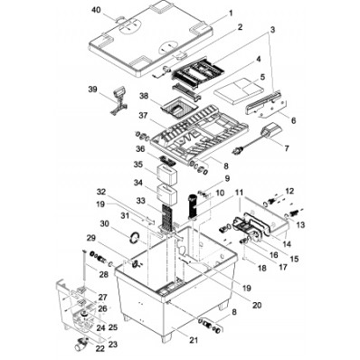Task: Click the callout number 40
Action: (96, 10)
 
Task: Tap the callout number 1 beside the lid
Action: (231, 14)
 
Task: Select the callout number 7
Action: (286, 148)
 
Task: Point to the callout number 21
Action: (194, 340)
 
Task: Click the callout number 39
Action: (93, 90)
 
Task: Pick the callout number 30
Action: (105, 223)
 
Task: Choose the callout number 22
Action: (100, 348)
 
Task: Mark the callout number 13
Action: (300, 224)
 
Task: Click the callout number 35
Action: (138, 165)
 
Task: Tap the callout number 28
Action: (103, 274)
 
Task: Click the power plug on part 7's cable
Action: (237, 151)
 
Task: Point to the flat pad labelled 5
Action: (239, 90)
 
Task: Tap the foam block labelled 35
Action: (167, 175)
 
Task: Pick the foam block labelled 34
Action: (167, 194)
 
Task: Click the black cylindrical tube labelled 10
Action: (193, 206)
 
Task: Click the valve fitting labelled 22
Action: (81, 343)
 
